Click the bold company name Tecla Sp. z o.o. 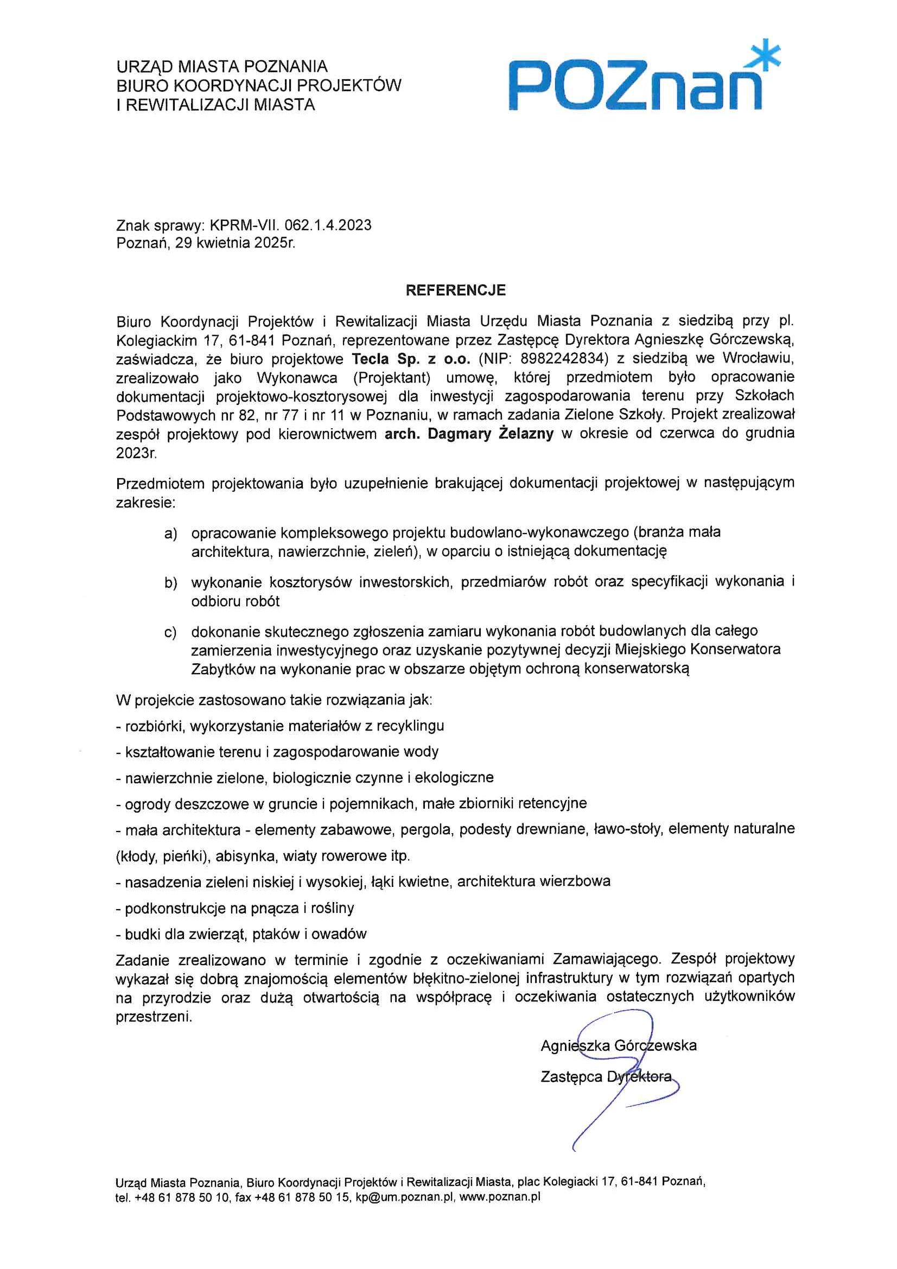click(x=411, y=358)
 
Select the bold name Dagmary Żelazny click(x=490, y=434)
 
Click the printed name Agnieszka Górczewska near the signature click(x=619, y=1046)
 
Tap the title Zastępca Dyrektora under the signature click(x=606, y=1077)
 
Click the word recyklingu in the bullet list click(x=411, y=726)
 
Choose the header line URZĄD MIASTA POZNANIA click(x=221, y=67)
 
